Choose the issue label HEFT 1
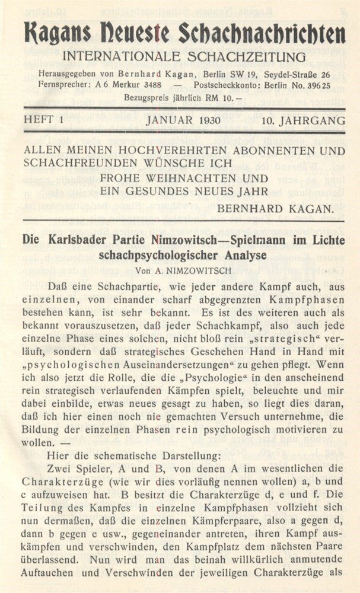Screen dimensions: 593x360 click(x=44, y=120)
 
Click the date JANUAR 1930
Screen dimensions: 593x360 click(x=182, y=120)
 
